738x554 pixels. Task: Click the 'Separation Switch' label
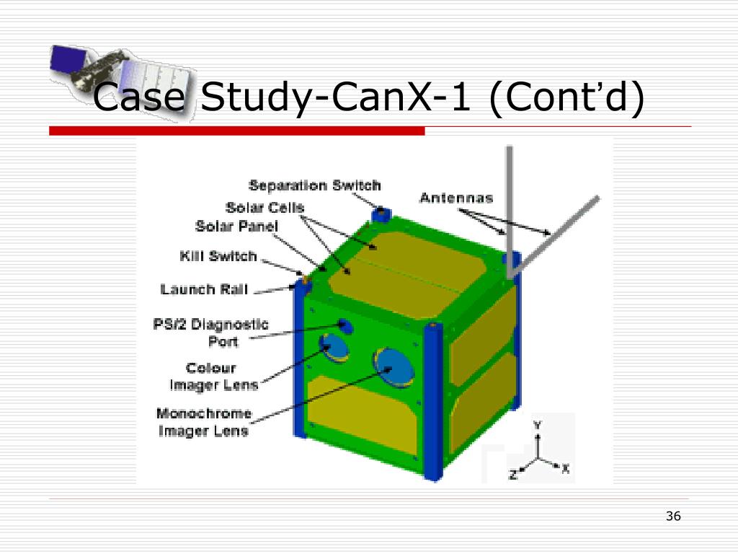coord(314,186)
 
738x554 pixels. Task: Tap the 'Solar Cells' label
coord(264,208)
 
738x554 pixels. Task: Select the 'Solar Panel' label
coord(236,227)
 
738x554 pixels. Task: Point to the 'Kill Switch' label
coord(218,256)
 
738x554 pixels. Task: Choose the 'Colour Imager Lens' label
coord(213,376)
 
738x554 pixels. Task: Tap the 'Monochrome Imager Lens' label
coord(204,422)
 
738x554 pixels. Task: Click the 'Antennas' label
coord(456,198)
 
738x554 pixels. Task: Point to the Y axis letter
coord(537,426)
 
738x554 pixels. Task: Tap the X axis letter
coord(566,469)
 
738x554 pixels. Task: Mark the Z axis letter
coord(512,474)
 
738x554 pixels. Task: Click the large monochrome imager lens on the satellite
coord(393,366)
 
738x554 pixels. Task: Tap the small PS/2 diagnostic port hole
coord(345,326)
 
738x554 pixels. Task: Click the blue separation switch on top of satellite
coord(379,214)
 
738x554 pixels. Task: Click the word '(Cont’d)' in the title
coord(566,98)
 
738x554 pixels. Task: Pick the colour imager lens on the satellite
coord(334,348)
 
